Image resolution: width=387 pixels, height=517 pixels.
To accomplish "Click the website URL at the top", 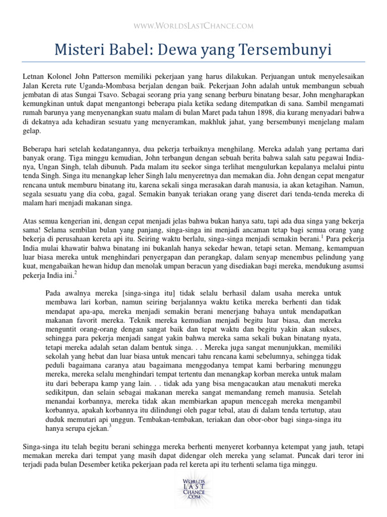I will point(193,25).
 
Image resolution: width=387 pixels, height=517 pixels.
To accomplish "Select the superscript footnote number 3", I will point(109,425).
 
